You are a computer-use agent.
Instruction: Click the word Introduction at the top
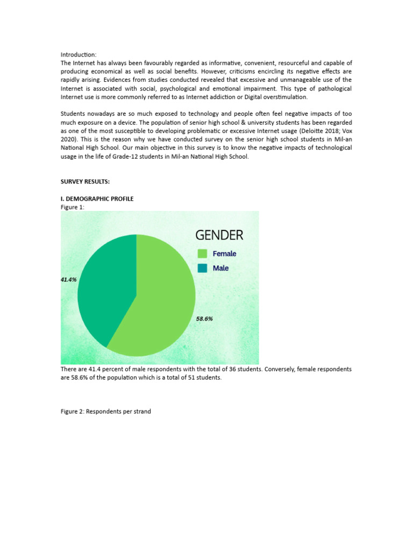coord(78,54)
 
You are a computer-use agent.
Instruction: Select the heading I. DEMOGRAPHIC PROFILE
coord(97,199)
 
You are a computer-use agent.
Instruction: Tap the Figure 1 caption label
coord(73,207)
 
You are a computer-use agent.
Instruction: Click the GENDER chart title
coord(219,235)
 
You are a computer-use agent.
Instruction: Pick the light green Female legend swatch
coord(202,254)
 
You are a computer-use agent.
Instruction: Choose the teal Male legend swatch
coord(202,268)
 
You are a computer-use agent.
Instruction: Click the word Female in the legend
coord(224,254)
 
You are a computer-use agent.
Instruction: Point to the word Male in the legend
coord(220,268)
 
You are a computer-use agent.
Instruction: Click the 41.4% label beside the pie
coord(68,280)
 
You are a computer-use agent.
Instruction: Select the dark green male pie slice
coord(105,285)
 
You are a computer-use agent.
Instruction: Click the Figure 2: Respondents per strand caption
coord(105,412)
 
